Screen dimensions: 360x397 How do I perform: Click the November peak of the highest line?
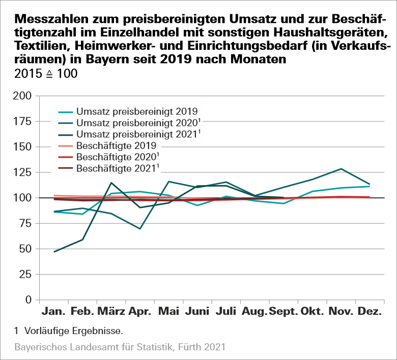click(x=341, y=169)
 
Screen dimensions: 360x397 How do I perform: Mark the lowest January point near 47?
click(x=54, y=252)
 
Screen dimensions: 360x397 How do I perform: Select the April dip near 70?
click(x=140, y=228)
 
